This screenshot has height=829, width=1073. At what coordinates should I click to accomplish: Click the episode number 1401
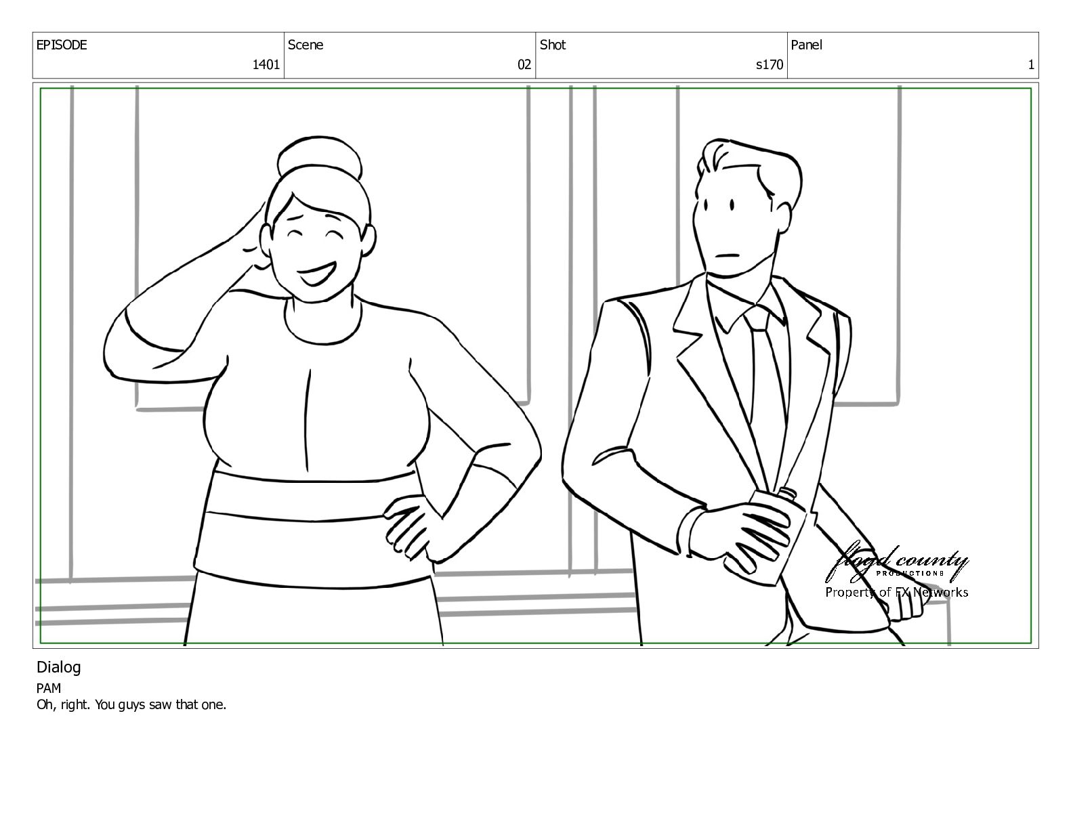tap(266, 64)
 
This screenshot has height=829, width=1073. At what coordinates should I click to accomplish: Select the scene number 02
tap(524, 64)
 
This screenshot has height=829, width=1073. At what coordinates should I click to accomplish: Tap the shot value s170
tap(770, 64)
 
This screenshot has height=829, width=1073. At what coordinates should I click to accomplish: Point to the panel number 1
tap(1031, 64)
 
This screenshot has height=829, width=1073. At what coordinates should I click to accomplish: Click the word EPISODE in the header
tap(62, 45)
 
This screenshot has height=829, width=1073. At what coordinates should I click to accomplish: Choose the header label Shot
tap(553, 45)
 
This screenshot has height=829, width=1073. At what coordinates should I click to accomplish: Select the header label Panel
tap(806, 45)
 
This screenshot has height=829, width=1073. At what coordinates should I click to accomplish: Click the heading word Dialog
tap(59, 668)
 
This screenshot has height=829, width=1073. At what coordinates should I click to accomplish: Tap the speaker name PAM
tap(49, 688)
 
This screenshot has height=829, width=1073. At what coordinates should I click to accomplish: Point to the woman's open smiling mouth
tap(315, 274)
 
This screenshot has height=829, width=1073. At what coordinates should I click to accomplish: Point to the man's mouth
tap(728, 256)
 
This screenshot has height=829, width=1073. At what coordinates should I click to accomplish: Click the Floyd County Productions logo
tap(896, 564)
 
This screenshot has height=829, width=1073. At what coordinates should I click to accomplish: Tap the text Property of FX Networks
tap(897, 593)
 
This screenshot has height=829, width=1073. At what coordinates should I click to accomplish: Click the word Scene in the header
tap(306, 45)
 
